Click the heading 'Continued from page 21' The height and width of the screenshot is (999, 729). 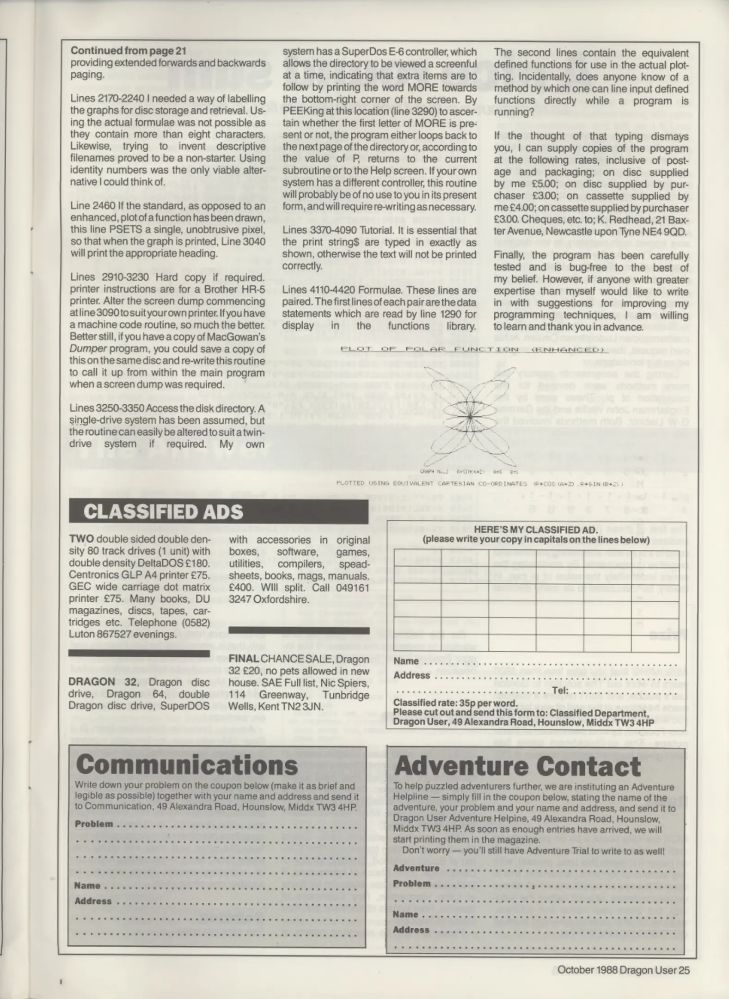(129, 51)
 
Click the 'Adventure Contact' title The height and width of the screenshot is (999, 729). (517, 766)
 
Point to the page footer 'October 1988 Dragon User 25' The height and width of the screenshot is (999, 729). (623, 970)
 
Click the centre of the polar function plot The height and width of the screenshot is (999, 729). (470, 417)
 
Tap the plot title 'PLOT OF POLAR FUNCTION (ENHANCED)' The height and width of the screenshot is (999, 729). (472, 349)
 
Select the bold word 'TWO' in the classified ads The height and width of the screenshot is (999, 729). (81, 539)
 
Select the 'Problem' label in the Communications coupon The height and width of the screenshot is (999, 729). (94, 824)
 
